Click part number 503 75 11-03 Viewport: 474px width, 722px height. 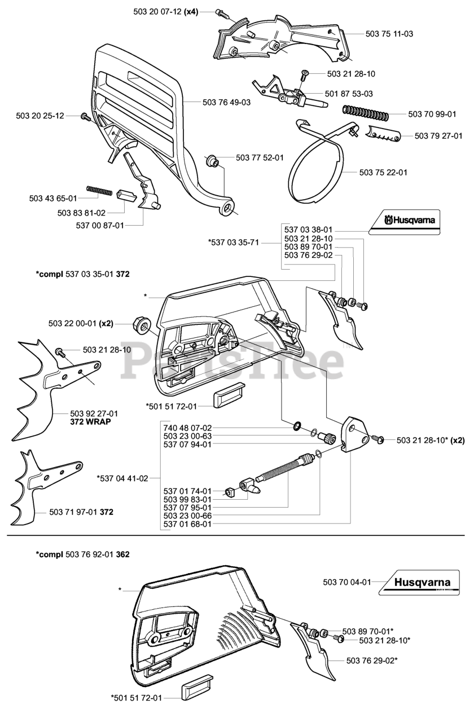[389, 34]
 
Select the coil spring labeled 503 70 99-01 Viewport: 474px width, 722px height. [364, 114]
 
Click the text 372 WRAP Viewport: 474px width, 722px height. [90, 421]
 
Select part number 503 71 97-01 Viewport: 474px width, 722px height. [73, 512]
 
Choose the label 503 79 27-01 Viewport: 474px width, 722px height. [438, 136]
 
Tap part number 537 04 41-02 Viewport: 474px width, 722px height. [122, 478]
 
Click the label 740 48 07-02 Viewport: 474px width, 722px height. [187, 428]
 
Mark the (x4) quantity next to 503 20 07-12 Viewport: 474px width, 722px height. [190, 12]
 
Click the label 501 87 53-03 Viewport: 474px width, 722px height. [348, 93]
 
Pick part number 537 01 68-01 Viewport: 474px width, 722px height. [187, 524]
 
